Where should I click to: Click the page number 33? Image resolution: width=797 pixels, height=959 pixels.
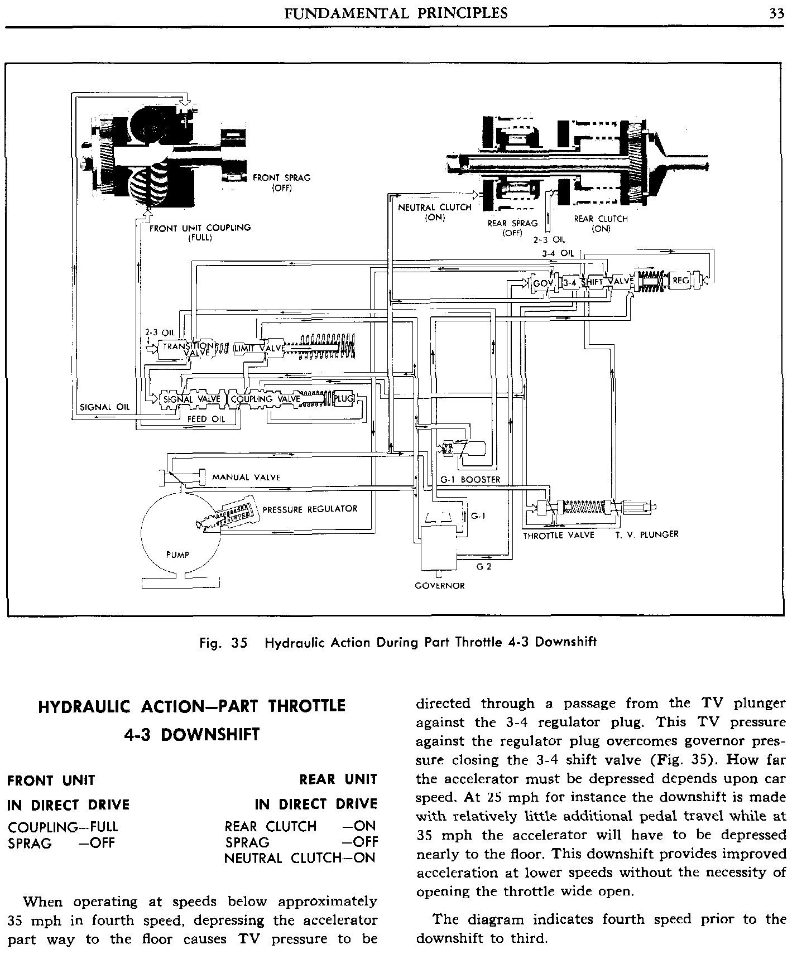coord(776,13)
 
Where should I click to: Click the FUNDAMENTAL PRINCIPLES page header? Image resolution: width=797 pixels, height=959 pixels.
coord(396,13)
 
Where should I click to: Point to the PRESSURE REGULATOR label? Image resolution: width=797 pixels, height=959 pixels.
coord(310,509)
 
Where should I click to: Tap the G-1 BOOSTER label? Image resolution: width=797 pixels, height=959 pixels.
coord(470,480)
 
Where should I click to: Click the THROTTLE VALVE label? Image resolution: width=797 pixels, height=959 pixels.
coord(558,535)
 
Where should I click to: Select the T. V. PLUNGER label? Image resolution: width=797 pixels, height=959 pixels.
coord(647,534)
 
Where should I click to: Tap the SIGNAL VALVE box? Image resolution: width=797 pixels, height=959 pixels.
coord(192,399)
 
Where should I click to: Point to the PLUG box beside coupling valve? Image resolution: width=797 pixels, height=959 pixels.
coord(344,398)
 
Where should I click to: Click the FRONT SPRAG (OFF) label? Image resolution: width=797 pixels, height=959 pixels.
coord(281,182)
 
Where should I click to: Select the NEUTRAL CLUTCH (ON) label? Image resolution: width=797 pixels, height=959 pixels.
coord(435,213)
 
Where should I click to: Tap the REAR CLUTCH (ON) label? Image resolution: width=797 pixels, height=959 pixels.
coord(601,223)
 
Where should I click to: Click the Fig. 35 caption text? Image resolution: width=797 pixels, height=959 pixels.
coord(398,642)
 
